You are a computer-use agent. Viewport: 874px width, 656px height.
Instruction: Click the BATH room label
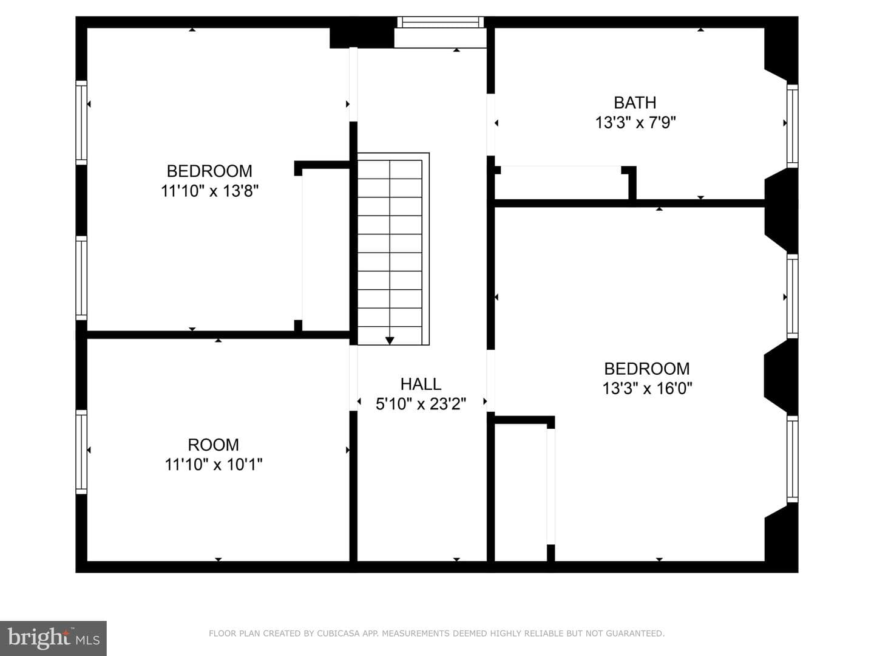click(x=635, y=103)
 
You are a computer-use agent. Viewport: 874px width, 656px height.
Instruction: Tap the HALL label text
click(x=421, y=384)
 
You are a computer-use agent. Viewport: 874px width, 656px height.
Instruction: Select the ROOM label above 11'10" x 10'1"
click(x=214, y=445)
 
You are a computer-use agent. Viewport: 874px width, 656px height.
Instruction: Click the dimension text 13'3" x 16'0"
click(x=647, y=388)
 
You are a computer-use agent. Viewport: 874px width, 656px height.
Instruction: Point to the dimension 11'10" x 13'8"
click(x=210, y=191)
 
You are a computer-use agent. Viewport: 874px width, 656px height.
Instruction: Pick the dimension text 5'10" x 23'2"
click(x=421, y=404)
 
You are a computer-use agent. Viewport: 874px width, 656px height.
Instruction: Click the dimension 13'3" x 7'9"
click(x=635, y=122)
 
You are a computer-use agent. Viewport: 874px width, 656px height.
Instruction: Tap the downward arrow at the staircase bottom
click(x=390, y=341)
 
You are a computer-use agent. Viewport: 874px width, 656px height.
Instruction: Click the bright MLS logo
click(x=53, y=638)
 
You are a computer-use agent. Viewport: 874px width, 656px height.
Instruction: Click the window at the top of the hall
click(x=441, y=22)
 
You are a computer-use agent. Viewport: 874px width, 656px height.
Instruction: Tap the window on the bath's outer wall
click(x=793, y=126)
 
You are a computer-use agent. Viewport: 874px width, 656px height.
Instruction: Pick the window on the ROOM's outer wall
click(x=81, y=452)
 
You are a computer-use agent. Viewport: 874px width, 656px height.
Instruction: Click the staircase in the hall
click(x=393, y=248)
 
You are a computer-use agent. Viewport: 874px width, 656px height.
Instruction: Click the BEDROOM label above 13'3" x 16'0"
click(x=647, y=369)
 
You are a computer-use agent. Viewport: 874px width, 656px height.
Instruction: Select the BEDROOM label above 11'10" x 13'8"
click(x=209, y=171)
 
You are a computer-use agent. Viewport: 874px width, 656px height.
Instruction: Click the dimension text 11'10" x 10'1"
click(x=214, y=465)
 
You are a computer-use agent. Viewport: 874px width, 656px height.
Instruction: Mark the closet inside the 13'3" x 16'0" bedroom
click(x=521, y=492)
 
